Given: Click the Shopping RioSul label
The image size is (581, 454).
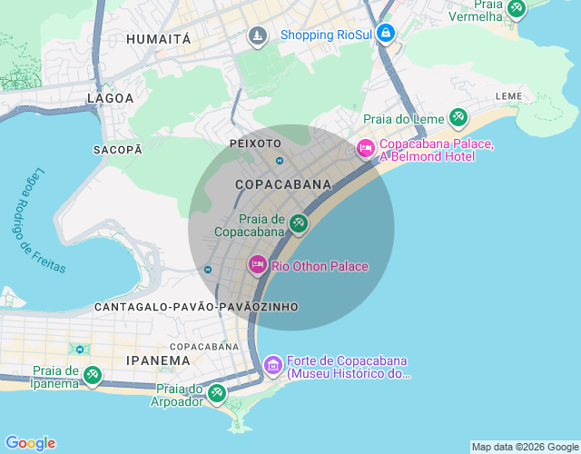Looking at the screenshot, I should (x=327, y=35).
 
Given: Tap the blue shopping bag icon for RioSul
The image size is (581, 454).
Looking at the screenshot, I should (x=387, y=34).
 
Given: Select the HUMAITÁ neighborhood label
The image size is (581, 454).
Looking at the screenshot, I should (x=159, y=39).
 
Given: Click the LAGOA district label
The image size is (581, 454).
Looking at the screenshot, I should (x=110, y=98).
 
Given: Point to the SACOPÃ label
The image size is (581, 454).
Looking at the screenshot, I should (x=118, y=149).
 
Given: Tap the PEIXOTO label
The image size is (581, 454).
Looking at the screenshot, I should (x=256, y=143).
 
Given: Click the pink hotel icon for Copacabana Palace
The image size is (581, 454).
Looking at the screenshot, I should (x=366, y=147).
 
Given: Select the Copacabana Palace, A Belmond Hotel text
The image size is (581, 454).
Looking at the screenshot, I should (x=436, y=151).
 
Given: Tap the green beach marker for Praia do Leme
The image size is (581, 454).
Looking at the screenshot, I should (x=458, y=117).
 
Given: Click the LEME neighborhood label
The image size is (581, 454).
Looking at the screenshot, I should (x=508, y=95).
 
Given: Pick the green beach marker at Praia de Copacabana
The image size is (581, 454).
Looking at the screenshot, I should (x=298, y=222).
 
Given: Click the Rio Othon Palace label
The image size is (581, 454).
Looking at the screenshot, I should (x=320, y=266).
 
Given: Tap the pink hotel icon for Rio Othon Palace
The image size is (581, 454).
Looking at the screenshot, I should (x=258, y=265).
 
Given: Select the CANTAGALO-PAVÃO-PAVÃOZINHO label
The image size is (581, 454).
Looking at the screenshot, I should (x=196, y=308).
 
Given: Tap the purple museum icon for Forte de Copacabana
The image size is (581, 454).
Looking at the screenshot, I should (x=272, y=366).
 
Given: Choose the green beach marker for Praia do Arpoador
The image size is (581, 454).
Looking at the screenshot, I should (x=216, y=393).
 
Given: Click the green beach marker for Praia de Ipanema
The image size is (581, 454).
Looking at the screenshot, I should (x=92, y=374).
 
